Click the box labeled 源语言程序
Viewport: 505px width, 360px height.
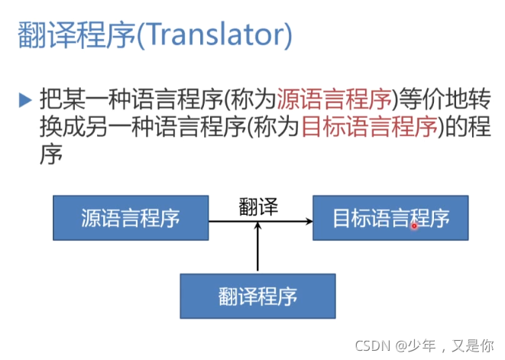tap(131, 218)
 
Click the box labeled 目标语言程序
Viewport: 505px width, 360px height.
tap(390, 218)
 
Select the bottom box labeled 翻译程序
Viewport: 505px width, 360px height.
tap(257, 296)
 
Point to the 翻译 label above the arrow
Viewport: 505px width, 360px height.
tap(257, 206)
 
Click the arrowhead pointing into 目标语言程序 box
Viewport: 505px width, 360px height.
tap(308, 222)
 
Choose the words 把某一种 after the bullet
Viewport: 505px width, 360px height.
tap(78, 99)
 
